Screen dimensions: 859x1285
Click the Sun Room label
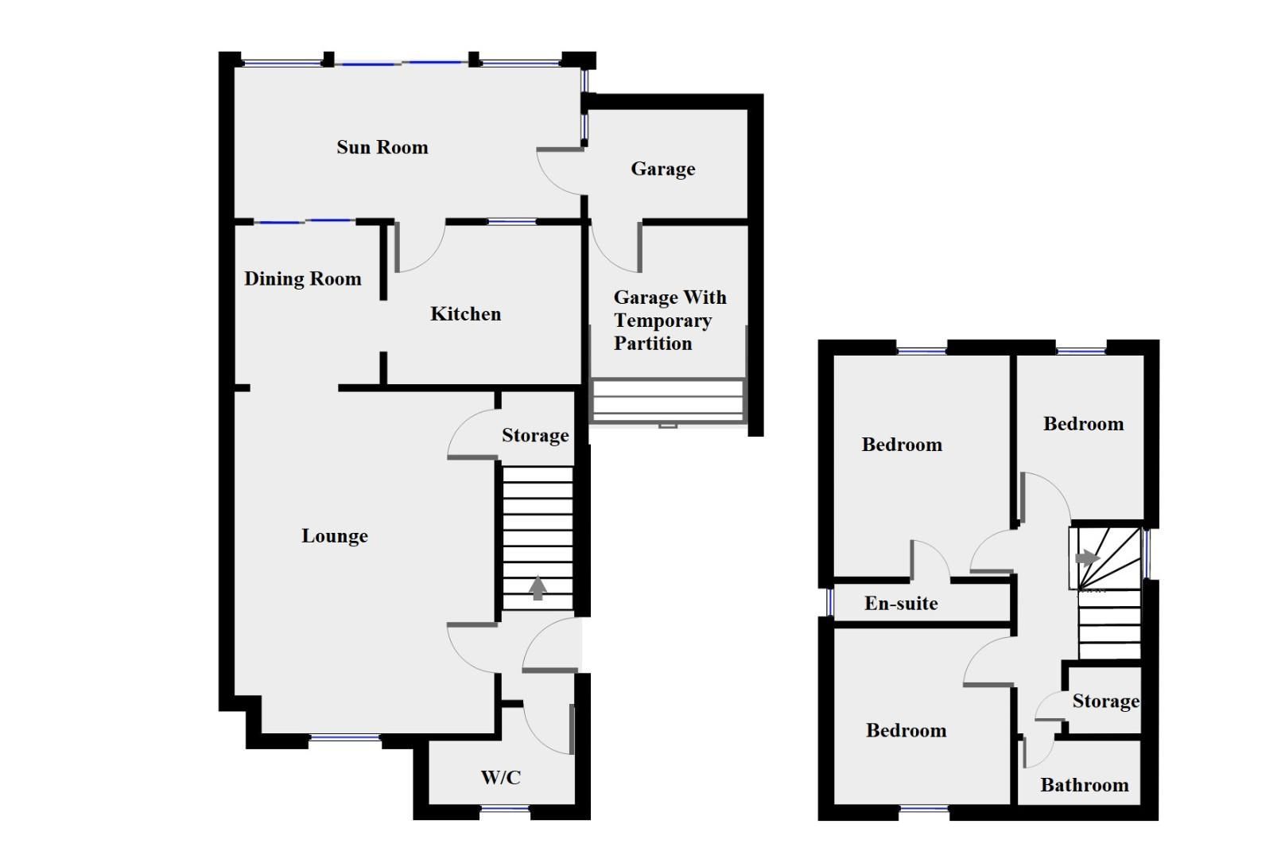pyautogui.click(x=382, y=147)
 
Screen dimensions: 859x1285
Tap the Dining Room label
pyautogui.click(x=302, y=278)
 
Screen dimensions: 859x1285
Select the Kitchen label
pyautogui.click(x=465, y=314)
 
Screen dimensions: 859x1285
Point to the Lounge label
pyautogui.click(x=334, y=536)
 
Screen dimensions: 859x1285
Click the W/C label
pyautogui.click(x=500, y=777)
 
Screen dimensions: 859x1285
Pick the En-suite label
pyautogui.click(x=901, y=604)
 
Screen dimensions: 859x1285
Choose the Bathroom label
pyautogui.click(x=1084, y=785)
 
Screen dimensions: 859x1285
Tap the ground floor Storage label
pyautogui.click(x=535, y=435)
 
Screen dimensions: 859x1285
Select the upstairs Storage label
pyautogui.click(x=1104, y=701)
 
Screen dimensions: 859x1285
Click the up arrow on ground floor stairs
pyautogui.click(x=538, y=588)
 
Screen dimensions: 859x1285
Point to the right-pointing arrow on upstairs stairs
pyautogui.click(x=1087, y=558)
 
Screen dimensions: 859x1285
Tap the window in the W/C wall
pyautogui.click(x=505, y=810)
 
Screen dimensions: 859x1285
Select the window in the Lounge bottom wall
pyautogui.click(x=344, y=738)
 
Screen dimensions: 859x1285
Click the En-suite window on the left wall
pyautogui.click(x=829, y=602)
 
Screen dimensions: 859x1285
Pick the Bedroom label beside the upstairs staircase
pyautogui.click(x=1083, y=424)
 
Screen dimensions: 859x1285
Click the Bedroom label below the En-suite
pyautogui.click(x=906, y=730)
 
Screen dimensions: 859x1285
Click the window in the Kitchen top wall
pyautogui.click(x=512, y=222)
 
